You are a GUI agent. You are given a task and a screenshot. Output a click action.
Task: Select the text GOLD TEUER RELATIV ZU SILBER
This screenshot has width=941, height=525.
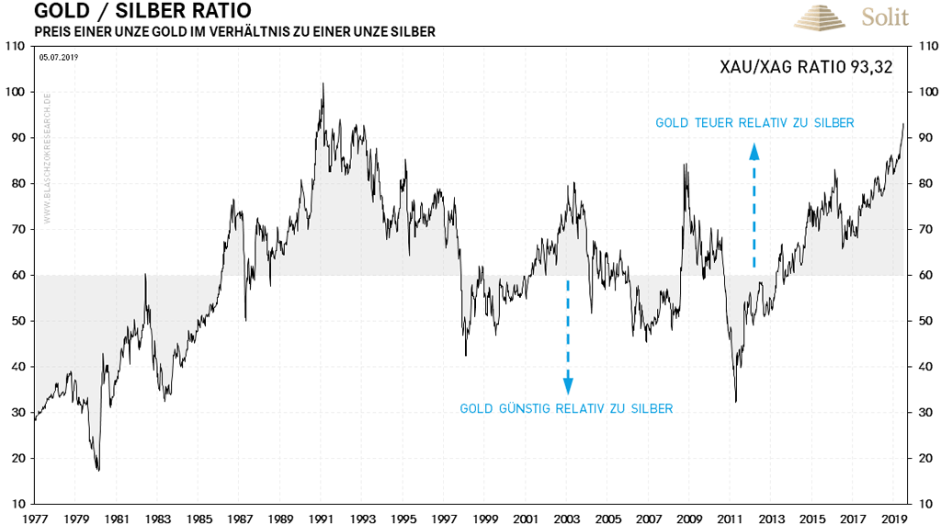[754, 123]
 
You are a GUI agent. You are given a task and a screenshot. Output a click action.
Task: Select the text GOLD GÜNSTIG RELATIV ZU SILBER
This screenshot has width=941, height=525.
[566, 408]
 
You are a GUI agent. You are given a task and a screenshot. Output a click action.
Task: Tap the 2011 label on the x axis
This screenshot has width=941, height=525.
[731, 518]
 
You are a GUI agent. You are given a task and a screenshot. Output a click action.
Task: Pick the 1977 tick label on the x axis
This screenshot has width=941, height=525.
[35, 518]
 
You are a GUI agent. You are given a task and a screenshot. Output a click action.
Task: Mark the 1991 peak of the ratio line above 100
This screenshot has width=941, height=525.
[323, 84]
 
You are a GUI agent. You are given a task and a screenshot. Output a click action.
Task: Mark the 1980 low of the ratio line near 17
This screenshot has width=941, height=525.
[97, 470]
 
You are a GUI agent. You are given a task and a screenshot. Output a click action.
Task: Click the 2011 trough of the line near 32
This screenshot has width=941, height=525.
[736, 401]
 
